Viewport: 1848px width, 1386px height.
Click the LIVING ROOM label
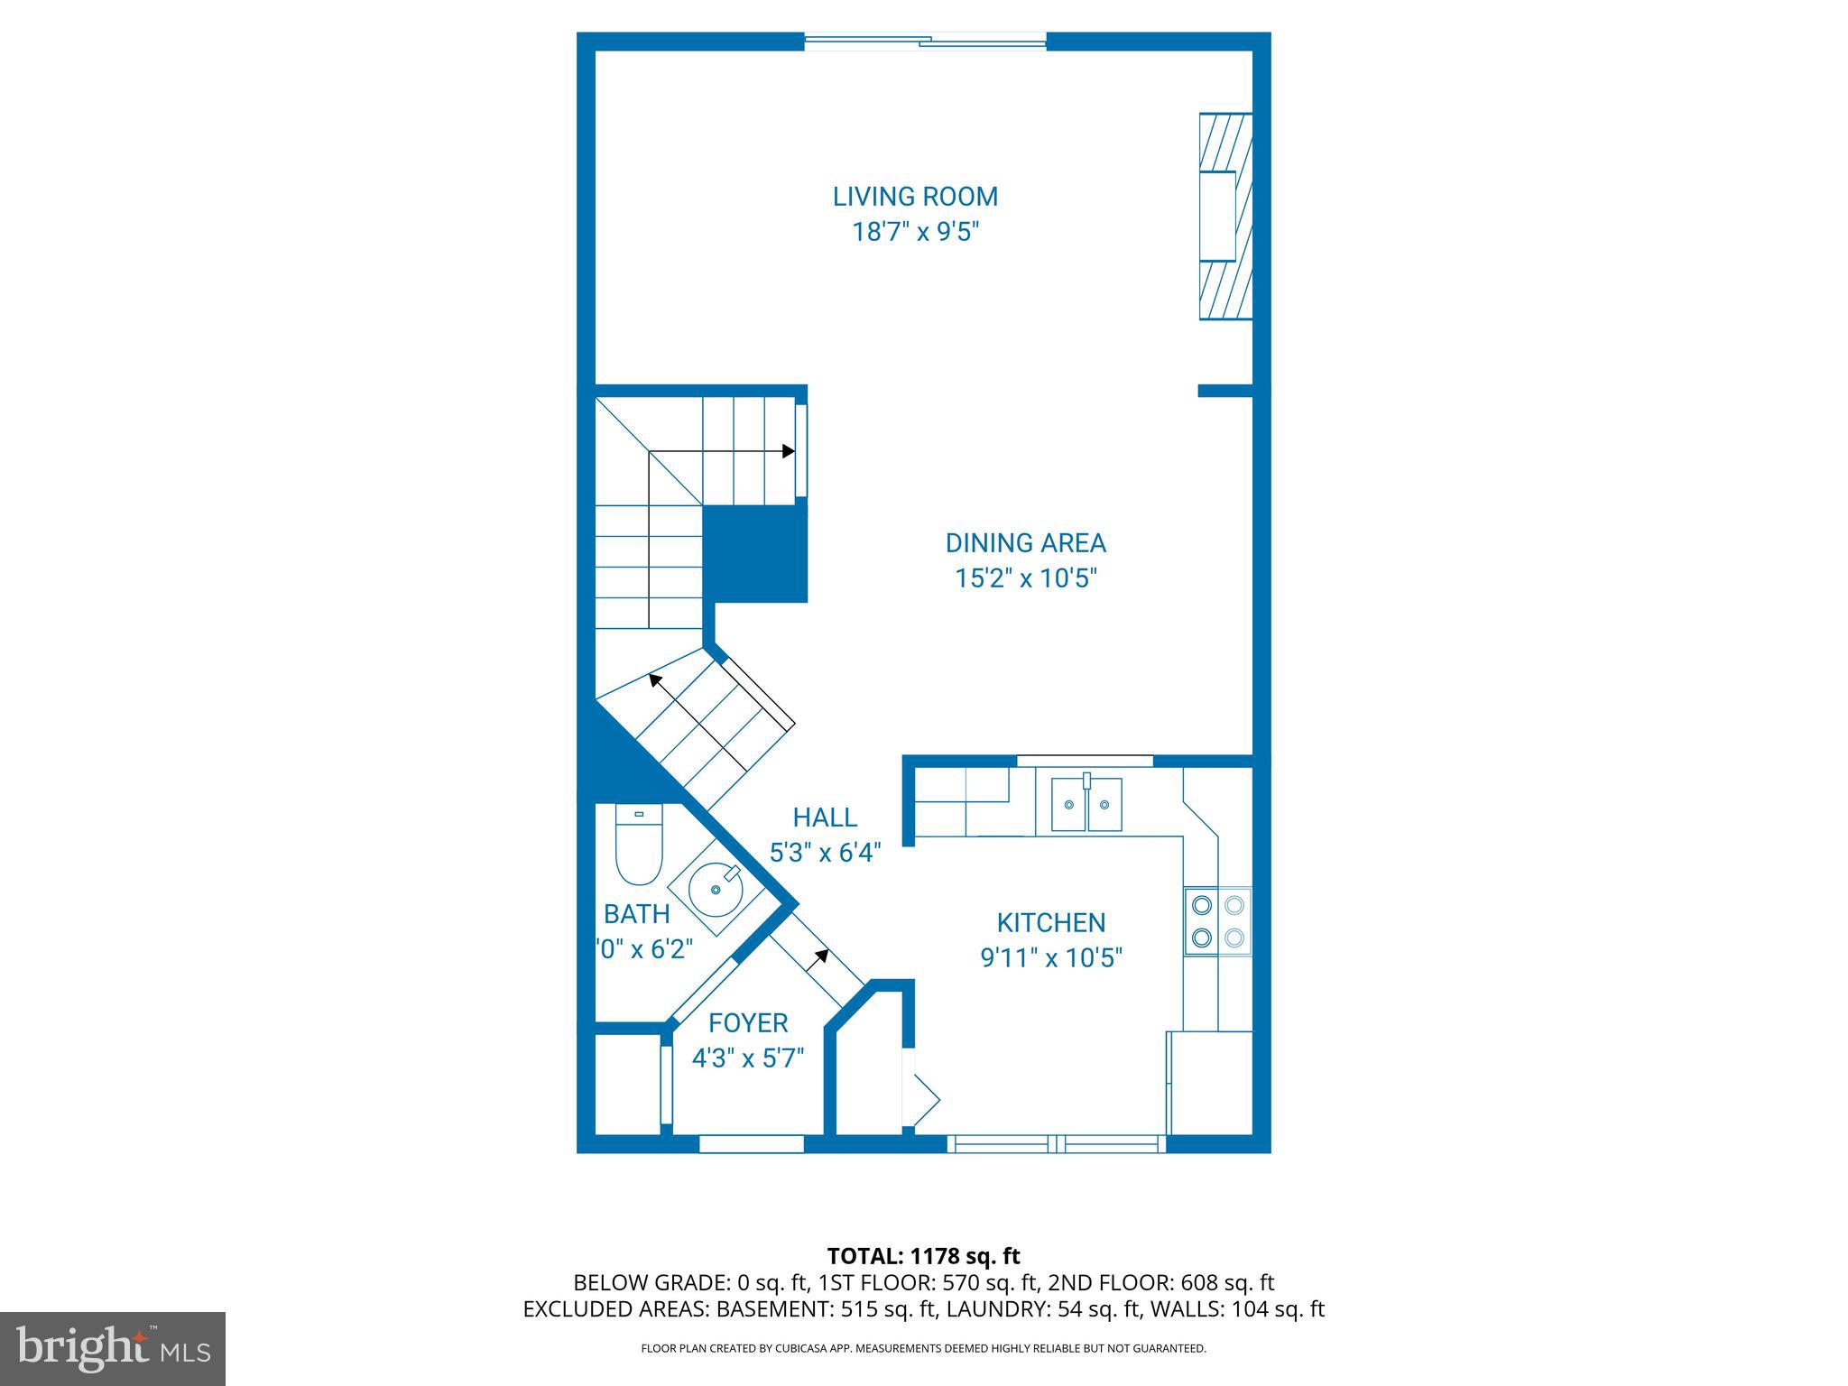(915, 197)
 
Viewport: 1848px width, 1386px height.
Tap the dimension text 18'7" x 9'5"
(916, 233)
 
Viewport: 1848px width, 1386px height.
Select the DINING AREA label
(1025, 543)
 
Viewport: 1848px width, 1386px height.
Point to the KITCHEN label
(1050, 922)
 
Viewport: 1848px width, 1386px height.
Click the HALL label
(824, 818)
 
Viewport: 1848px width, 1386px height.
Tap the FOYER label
(748, 1022)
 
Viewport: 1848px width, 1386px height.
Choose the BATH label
(636, 914)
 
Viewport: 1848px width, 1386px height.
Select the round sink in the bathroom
(716, 889)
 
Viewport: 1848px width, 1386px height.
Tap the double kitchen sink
(1086, 803)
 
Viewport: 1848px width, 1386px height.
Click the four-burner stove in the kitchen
(1217, 920)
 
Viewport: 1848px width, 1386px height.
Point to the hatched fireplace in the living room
(1225, 217)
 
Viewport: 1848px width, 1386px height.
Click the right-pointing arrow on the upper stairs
(788, 451)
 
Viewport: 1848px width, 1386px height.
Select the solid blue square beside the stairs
(754, 554)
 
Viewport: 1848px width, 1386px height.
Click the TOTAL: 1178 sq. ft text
(923, 1256)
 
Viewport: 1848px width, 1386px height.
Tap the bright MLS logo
(113, 1349)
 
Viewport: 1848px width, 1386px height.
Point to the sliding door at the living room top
(925, 40)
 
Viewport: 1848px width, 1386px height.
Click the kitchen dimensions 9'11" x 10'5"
(1050, 957)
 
